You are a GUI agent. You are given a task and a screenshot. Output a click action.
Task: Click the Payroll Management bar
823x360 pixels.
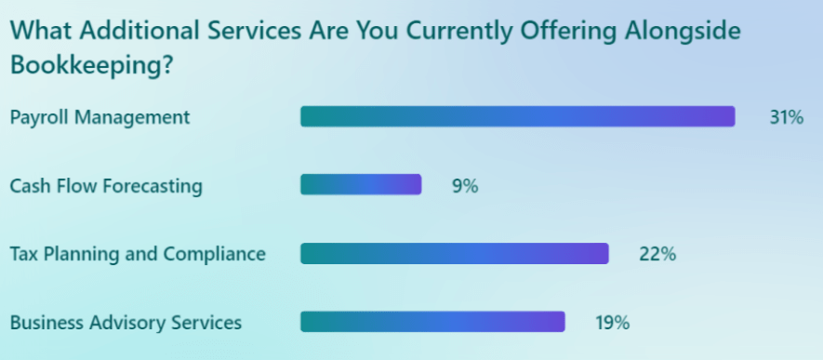517,116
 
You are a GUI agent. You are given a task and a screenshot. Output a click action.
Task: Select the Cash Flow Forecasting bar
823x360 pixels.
361,185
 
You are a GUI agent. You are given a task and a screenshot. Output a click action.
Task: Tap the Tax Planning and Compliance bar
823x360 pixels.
454,253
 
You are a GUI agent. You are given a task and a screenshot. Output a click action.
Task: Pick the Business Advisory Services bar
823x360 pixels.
432,322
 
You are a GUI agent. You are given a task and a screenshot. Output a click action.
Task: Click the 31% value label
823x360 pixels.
786,118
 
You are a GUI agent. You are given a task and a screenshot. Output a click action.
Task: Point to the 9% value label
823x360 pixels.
464,186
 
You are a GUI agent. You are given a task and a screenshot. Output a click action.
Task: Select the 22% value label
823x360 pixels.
657,254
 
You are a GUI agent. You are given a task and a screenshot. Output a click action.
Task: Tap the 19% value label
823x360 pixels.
612,323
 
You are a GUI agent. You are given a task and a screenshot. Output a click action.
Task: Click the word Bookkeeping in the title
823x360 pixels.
83,67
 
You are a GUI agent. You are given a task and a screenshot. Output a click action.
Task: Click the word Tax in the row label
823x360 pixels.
24,254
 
